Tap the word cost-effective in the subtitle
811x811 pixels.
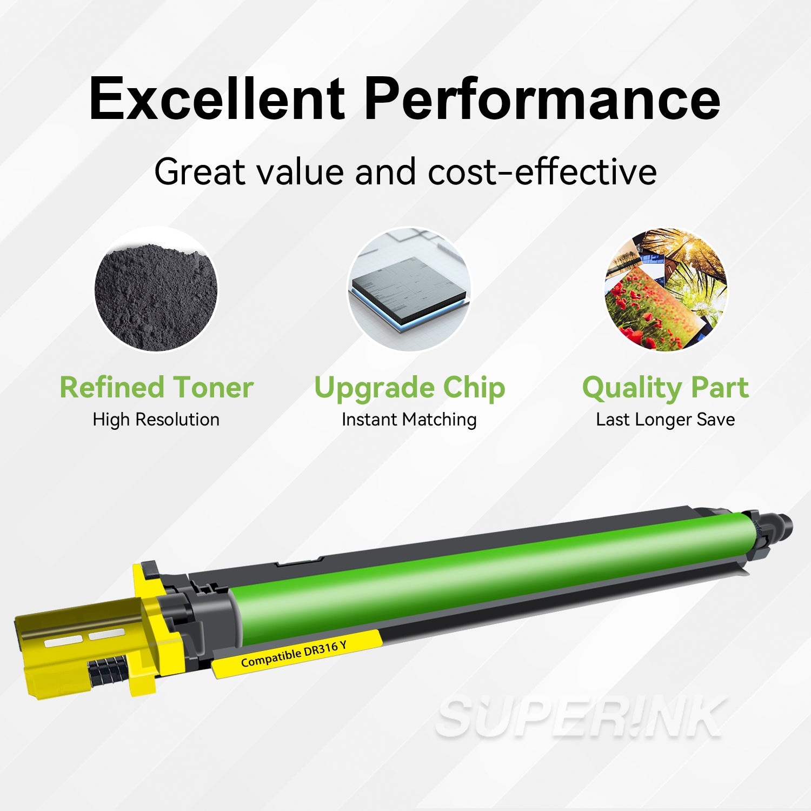(x=542, y=172)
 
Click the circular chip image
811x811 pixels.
(x=409, y=289)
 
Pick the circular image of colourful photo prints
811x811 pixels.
(x=666, y=289)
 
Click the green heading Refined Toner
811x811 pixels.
(x=156, y=388)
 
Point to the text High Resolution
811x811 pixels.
(x=156, y=420)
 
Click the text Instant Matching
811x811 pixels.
(x=409, y=420)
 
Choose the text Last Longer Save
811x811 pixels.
(x=665, y=420)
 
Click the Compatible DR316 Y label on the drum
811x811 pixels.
(x=294, y=654)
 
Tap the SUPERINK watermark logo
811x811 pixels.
(x=581, y=717)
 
